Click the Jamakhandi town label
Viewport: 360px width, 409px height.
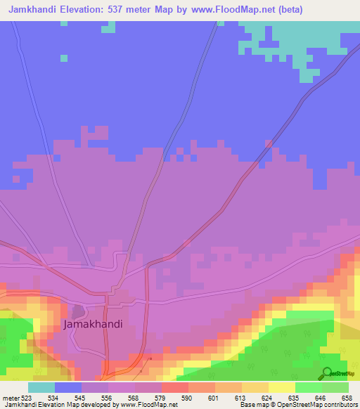pos(93,325)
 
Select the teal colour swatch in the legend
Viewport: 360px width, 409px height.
pos(41,387)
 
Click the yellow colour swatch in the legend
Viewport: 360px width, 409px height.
pos(281,387)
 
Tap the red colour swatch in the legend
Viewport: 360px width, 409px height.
pos(175,387)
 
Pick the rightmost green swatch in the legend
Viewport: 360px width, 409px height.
pos(335,387)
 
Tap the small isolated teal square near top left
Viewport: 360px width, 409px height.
pos(64,58)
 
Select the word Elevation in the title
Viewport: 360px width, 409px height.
pos(89,8)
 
